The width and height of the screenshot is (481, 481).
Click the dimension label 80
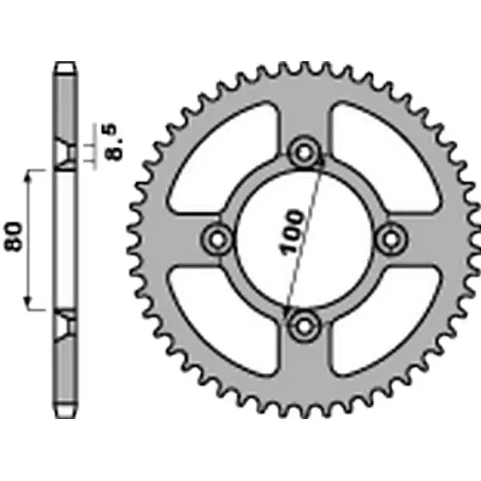pos(14,236)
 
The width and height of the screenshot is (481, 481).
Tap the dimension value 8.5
pos(114,142)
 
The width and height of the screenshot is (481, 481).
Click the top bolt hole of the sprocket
pos(304,153)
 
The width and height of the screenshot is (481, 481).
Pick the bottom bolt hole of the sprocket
pos(304,326)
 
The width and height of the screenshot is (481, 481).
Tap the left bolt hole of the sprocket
pos(218,239)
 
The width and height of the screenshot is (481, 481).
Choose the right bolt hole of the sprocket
pos(391,239)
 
